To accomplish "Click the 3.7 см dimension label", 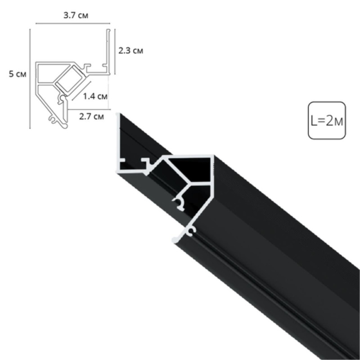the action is [x=76, y=15].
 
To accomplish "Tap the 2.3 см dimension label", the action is [x=130, y=50].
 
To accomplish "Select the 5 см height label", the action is [x=18, y=74].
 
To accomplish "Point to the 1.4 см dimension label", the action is [x=95, y=96].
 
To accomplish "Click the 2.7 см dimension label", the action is [x=91, y=117].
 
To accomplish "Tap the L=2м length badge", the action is [x=327, y=120].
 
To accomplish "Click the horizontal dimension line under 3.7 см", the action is [x=73, y=23].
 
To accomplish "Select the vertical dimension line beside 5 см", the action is [x=30, y=79].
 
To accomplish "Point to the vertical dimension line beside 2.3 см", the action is [x=115, y=52].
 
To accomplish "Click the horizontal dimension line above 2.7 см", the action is [x=89, y=109].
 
